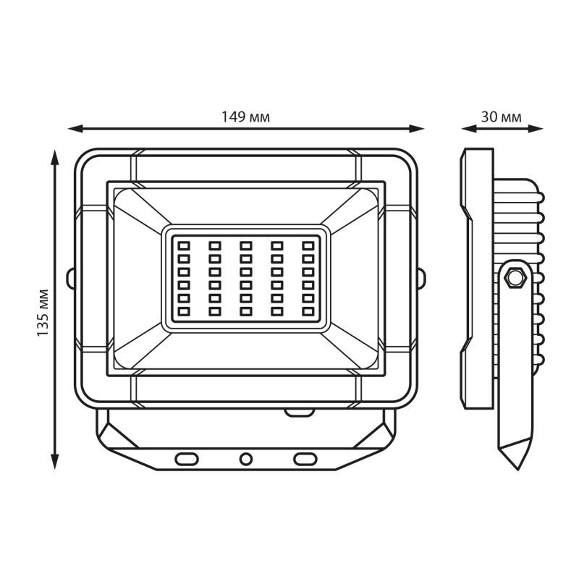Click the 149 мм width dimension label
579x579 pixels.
245,117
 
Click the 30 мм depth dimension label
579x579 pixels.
501,117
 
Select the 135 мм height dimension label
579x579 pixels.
43,313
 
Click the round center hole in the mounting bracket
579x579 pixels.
245,459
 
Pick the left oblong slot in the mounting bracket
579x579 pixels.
187,459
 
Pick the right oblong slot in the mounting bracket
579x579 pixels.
305,459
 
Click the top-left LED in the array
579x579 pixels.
184,245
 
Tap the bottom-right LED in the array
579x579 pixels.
308,312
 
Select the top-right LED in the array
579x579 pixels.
308,245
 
